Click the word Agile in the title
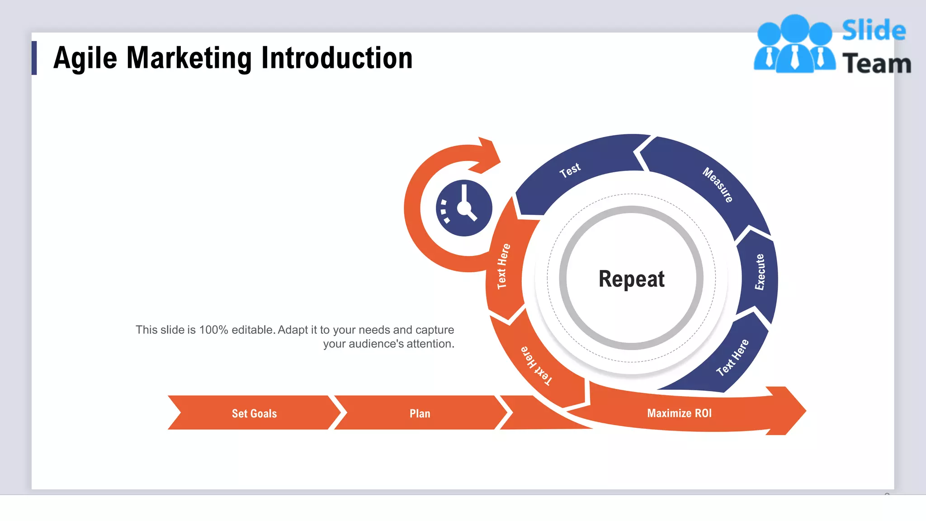click(x=85, y=59)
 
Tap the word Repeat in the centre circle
click(x=631, y=279)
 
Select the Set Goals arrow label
click(x=254, y=413)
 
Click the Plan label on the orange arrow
click(x=420, y=413)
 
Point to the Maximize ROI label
click(x=679, y=413)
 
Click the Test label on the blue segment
click(x=570, y=170)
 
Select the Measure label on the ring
click(x=718, y=185)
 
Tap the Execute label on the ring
click(x=760, y=272)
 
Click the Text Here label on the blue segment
click(x=732, y=357)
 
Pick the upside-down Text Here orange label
click(x=536, y=365)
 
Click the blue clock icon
click(x=464, y=208)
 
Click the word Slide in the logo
click(x=874, y=30)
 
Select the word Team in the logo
click(x=877, y=63)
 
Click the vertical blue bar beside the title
click(x=34, y=58)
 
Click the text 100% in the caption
click(x=213, y=330)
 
